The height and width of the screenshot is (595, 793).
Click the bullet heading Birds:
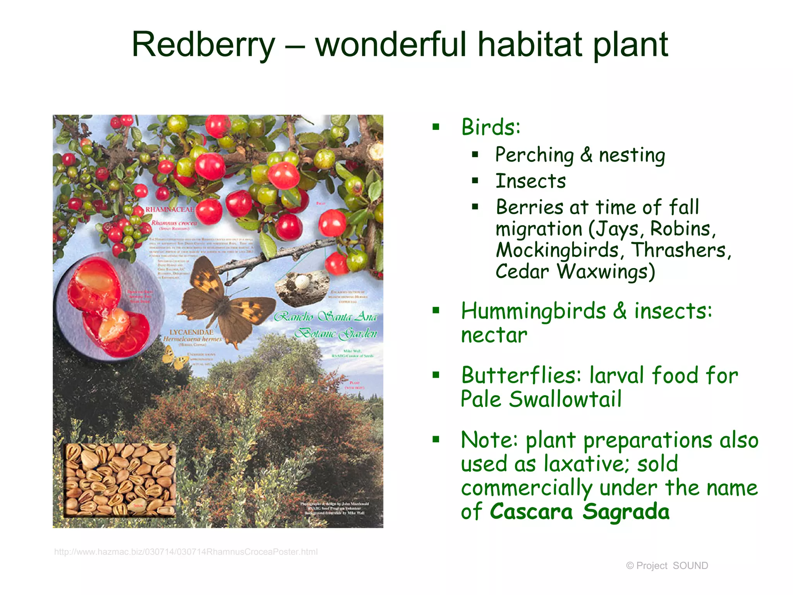tap(491, 127)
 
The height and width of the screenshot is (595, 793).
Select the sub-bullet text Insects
tap(530, 181)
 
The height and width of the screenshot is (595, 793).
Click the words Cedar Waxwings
tap(575, 272)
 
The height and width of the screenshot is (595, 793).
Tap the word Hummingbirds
tap(533, 311)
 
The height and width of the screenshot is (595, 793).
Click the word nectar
tap(494, 335)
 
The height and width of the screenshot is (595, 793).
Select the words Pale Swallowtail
tap(541, 399)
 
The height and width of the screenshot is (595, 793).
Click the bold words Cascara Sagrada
tap(579, 512)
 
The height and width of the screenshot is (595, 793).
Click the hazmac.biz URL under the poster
tap(186, 552)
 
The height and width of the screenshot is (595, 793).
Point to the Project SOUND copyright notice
tap(667, 566)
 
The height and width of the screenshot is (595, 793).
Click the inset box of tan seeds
tap(120, 480)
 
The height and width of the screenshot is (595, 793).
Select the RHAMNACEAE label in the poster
tap(169, 210)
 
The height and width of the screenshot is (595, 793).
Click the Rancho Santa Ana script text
tap(325, 317)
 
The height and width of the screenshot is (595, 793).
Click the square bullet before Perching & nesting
tap(475, 155)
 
